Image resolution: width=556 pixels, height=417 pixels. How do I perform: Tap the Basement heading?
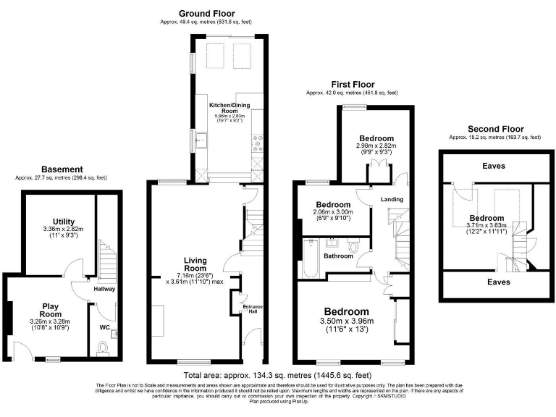coord(61,169)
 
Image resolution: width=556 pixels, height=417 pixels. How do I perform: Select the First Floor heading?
coord(352,85)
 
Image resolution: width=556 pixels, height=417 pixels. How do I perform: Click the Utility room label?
coord(64,221)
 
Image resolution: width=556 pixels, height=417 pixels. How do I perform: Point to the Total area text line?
coord(278,376)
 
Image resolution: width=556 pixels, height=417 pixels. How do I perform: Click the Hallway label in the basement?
coord(104,289)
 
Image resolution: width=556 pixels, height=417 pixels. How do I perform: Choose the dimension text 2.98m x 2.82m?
coord(376,146)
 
